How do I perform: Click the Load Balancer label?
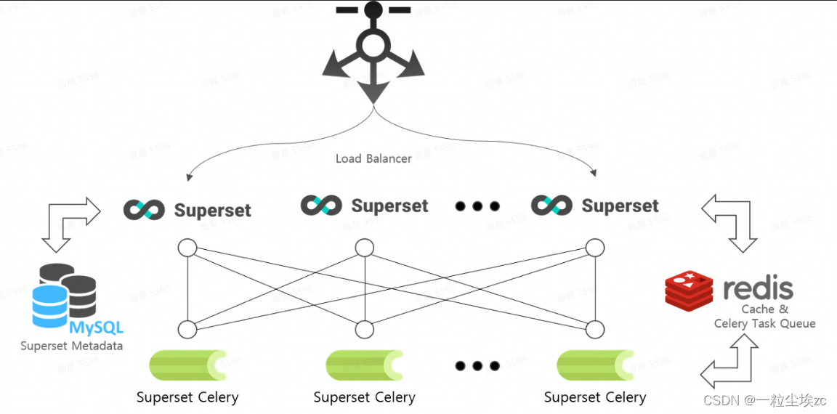point(373,158)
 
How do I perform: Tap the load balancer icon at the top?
point(373,51)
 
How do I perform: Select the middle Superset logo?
point(321,206)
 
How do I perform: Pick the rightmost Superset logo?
point(551,205)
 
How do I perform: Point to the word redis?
point(758,288)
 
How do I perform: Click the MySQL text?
point(96,328)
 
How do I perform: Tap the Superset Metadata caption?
point(71,346)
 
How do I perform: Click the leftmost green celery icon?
point(187,365)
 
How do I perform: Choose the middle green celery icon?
point(364,365)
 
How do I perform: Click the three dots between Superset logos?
point(477,206)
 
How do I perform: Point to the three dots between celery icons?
point(477,365)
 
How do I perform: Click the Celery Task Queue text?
point(764,324)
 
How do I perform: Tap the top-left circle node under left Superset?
point(187,248)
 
